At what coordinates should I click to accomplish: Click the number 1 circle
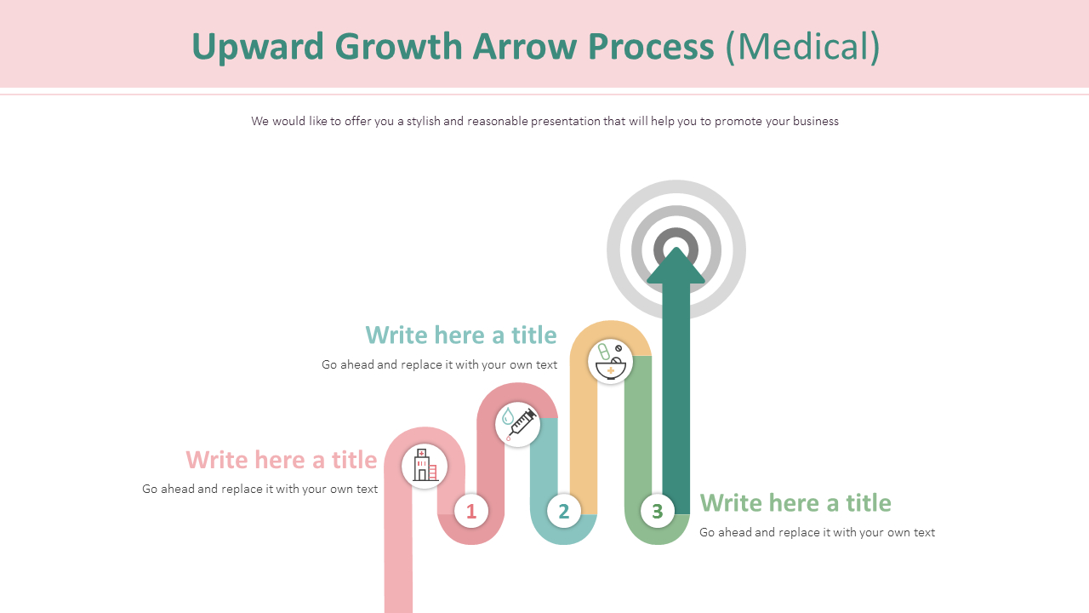pos(470,511)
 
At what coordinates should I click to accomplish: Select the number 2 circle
pos(563,511)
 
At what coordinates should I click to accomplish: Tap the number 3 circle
pos(657,511)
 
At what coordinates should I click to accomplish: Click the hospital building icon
pos(425,467)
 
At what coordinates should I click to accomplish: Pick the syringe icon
pos(517,424)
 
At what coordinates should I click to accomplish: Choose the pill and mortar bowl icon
pos(610,361)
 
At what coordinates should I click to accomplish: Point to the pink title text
pos(281,460)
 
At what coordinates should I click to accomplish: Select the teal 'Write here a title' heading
pos(460,335)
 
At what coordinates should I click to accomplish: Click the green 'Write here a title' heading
pos(795,502)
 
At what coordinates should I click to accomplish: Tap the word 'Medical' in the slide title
pos(802,46)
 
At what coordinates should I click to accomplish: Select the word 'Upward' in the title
pos(258,46)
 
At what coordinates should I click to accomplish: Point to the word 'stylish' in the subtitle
pos(423,121)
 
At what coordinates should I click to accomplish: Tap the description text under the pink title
pos(259,489)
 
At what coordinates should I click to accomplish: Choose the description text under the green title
pos(817,532)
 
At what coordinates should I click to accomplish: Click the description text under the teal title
pos(439,364)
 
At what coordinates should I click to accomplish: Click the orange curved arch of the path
pos(610,329)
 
